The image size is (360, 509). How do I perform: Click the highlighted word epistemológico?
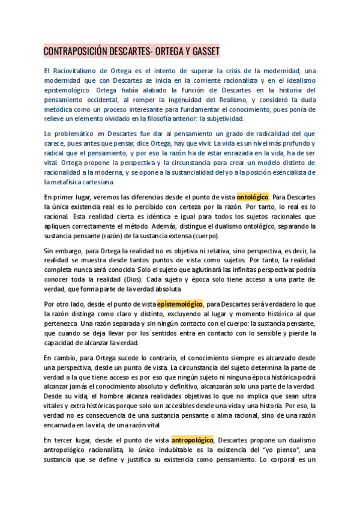click(180, 304)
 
